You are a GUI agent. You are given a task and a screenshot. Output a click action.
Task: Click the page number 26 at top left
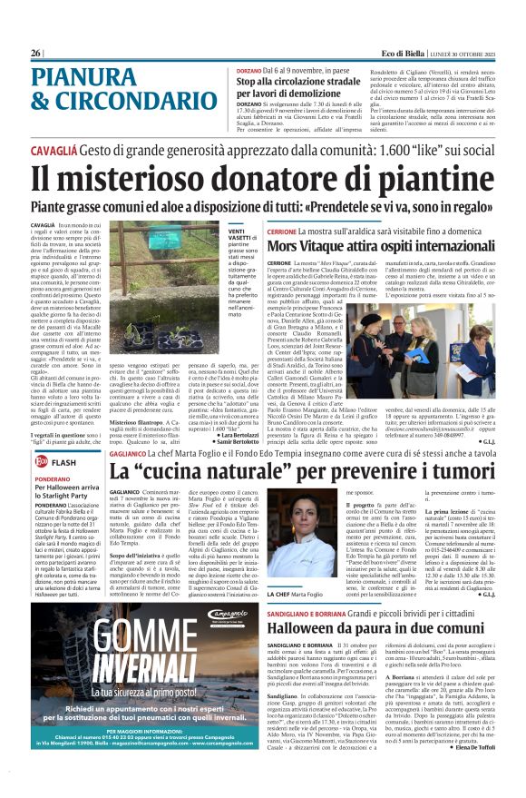pyautogui.click(x=36, y=54)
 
